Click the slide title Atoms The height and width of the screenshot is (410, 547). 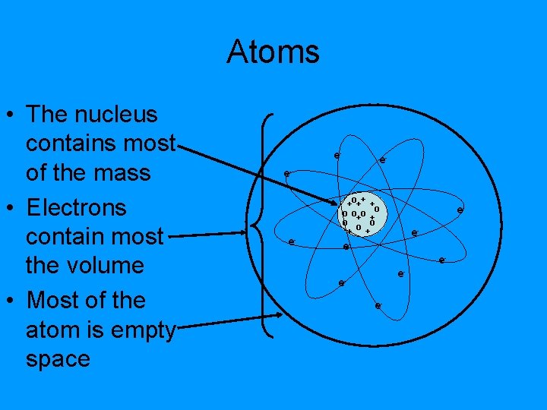pos(273,52)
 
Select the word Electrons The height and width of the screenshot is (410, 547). pos(76,207)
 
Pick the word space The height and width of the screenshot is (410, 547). pos(58,359)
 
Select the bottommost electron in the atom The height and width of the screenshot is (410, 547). pos(378,306)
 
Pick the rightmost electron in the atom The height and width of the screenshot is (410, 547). pos(460,210)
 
